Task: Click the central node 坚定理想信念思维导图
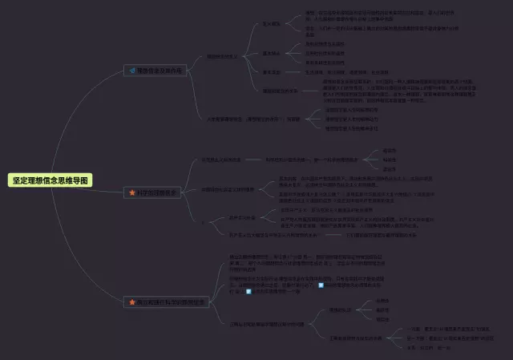click(50, 180)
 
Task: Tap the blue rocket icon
click(132, 71)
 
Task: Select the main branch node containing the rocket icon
click(156, 71)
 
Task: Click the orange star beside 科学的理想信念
click(132, 192)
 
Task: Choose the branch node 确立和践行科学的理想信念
click(168, 302)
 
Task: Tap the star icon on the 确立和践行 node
click(132, 302)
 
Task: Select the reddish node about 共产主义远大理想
click(265, 235)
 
